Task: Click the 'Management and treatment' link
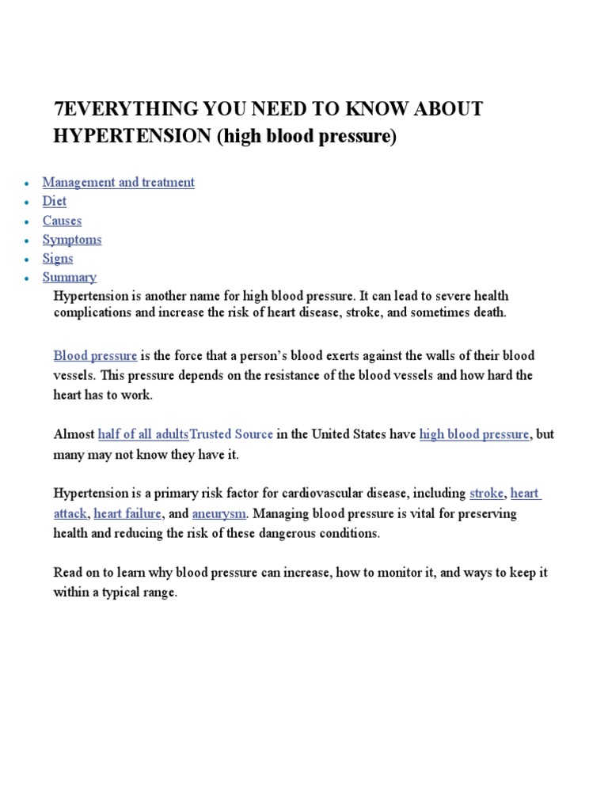coord(118,183)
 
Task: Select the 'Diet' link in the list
coord(55,202)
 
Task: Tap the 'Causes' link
coord(62,221)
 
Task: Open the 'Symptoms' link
coord(72,240)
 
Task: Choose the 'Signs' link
coord(58,259)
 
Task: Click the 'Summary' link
coord(70,278)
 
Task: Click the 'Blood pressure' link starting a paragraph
coord(95,356)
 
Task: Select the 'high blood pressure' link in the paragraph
coord(474,434)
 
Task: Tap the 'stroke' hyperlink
coord(486,494)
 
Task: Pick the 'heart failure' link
coord(127,513)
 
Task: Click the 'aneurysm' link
coord(218,513)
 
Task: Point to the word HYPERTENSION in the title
coord(132,136)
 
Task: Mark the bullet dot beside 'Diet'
coord(27,203)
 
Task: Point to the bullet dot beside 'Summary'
coord(27,279)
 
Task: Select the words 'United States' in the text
coord(348,434)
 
